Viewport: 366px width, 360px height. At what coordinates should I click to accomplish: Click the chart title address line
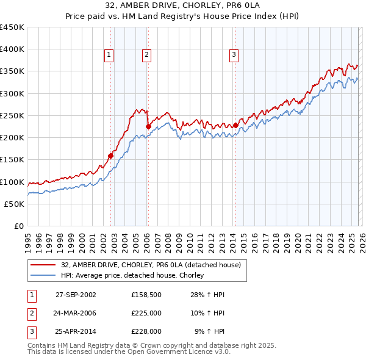click(x=183, y=6)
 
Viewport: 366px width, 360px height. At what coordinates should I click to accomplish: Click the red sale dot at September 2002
click(x=111, y=156)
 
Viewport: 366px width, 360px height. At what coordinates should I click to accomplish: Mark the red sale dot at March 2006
click(x=148, y=126)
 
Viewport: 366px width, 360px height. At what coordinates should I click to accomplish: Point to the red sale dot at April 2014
click(x=235, y=125)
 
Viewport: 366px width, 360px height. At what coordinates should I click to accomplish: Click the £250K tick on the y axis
click(x=13, y=115)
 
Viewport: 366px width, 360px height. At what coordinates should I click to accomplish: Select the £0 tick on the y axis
click(x=20, y=226)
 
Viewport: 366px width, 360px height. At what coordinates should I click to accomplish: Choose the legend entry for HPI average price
click(x=132, y=276)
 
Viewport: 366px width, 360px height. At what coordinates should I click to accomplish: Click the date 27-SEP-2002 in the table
click(x=76, y=295)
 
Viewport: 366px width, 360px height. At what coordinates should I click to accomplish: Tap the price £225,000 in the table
click(x=146, y=313)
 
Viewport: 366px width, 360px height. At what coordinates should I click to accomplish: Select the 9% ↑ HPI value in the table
click(x=210, y=331)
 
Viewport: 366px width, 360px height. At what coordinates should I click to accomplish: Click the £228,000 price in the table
click(x=146, y=331)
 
